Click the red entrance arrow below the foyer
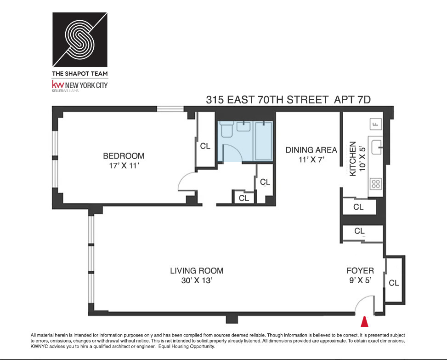pyautogui.click(x=366, y=321)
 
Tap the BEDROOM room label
pyautogui.click(x=124, y=156)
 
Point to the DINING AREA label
pyautogui.click(x=311, y=150)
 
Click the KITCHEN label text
pyautogui.click(x=353, y=159)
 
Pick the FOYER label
pyautogui.click(x=360, y=271)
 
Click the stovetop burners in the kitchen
pyautogui.click(x=376, y=184)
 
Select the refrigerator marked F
pyautogui.click(x=375, y=124)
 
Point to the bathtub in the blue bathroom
pyautogui.click(x=264, y=140)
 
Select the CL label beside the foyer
pyautogui.click(x=394, y=283)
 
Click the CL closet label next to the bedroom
pyautogui.click(x=205, y=146)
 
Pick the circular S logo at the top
pyautogui.click(x=80, y=39)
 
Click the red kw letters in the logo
pyautogui.click(x=58, y=85)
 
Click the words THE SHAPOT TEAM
pyautogui.click(x=80, y=73)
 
